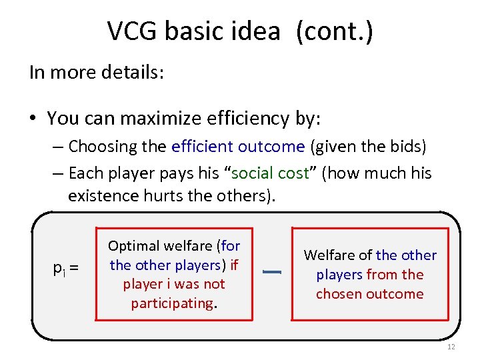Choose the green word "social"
(x=257, y=173)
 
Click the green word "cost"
(x=295, y=173)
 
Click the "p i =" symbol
(x=65, y=268)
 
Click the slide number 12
(x=451, y=347)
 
